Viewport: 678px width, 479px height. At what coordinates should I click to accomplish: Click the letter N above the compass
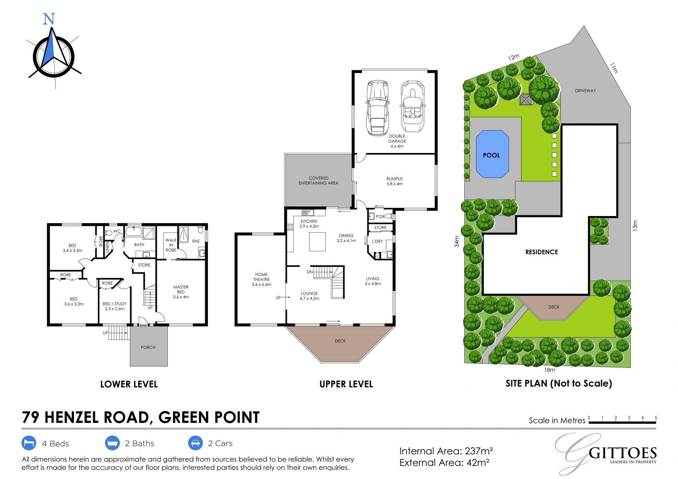point(49,19)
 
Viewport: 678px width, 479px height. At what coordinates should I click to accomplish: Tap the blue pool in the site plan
point(492,154)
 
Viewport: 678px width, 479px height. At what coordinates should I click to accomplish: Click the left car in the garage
point(377,108)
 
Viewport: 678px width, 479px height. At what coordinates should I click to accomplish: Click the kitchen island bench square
point(317,241)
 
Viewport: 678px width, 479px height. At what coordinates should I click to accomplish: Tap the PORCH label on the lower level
point(148,347)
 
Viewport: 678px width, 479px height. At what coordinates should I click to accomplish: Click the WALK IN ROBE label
point(171,245)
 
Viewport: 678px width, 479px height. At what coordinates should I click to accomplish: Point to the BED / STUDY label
point(114,304)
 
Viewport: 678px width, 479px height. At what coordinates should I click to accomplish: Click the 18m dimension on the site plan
point(549,370)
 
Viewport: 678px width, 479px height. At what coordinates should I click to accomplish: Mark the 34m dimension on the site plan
point(457,241)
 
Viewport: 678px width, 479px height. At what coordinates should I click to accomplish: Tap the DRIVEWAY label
point(585,91)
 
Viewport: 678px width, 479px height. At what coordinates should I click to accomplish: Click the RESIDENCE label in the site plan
point(541,252)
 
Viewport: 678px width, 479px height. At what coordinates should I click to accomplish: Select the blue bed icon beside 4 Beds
point(29,443)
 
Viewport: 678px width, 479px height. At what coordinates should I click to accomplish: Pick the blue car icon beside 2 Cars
point(195,443)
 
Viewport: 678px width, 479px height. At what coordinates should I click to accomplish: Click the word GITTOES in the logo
point(623,453)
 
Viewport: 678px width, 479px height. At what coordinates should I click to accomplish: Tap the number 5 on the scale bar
point(656,418)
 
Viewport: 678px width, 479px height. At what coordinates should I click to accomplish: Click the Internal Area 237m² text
point(446,451)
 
